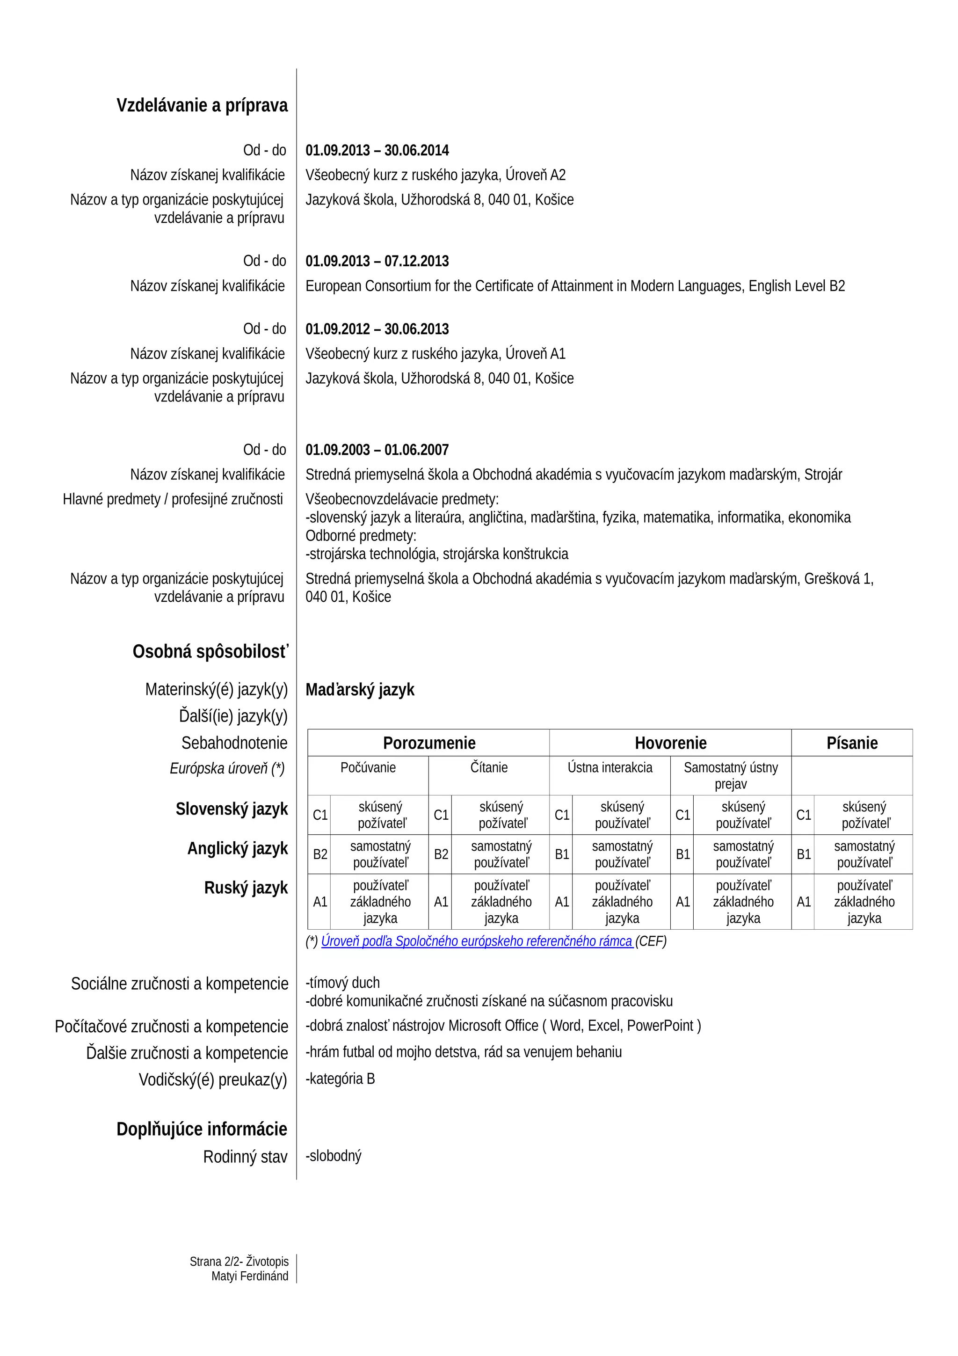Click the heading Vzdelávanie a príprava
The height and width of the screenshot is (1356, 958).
pyautogui.click(x=202, y=105)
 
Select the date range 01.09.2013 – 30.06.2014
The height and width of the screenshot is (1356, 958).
pyautogui.click(x=377, y=151)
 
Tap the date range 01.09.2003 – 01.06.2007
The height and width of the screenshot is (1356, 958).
pyautogui.click(x=377, y=450)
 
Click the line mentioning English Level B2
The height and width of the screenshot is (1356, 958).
pyautogui.click(x=575, y=286)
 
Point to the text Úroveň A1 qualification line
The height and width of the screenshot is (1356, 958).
pyautogui.click(x=435, y=354)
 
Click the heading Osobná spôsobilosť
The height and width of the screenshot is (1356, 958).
pyautogui.click(x=210, y=651)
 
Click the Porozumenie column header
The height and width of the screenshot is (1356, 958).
pyautogui.click(x=428, y=743)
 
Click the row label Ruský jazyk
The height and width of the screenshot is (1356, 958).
pyautogui.click(x=246, y=888)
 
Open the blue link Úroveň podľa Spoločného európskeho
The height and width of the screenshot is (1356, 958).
pyautogui.click(x=476, y=941)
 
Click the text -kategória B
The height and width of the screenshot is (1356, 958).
pyautogui.click(x=340, y=1079)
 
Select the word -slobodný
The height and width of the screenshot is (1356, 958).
pyautogui.click(x=333, y=1156)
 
